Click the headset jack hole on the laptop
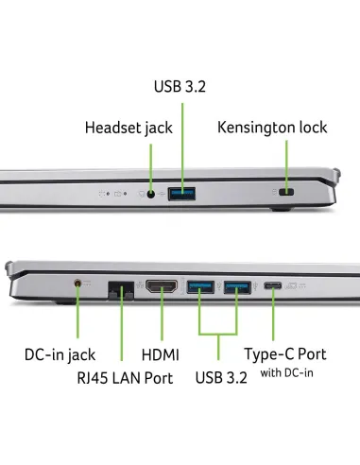[151, 194]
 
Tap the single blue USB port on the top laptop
[181, 194]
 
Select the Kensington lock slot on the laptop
[286, 192]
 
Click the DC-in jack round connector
[77, 283]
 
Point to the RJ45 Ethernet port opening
[121, 290]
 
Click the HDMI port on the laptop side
[162, 286]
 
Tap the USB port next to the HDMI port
[200, 286]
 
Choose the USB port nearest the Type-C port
[237, 287]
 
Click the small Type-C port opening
[273, 286]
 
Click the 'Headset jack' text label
[129, 128]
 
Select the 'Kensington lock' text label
[272, 128]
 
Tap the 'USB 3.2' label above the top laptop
[180, 86]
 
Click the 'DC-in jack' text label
[60, 354]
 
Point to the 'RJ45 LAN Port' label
[125, 378]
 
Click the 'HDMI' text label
[161, 354]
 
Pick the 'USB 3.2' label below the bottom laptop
[221, 377]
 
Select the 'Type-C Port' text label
[285, 354]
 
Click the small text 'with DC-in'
[286, 373]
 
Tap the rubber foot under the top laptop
[281, 209]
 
